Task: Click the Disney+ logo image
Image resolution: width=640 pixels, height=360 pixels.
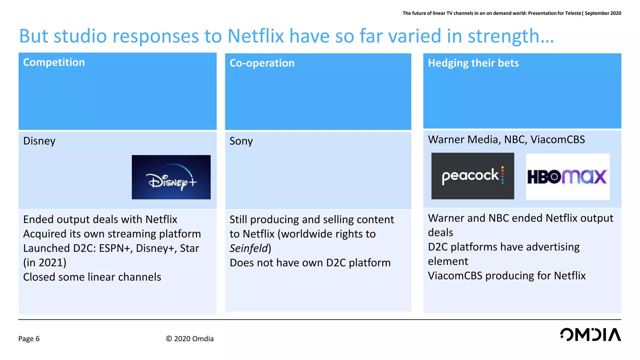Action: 171,177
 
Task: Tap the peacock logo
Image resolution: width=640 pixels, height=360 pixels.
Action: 472,176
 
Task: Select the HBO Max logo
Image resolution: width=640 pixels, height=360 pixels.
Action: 567,177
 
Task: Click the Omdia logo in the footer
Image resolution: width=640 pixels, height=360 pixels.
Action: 590,335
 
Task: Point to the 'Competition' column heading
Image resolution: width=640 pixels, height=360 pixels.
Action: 54,62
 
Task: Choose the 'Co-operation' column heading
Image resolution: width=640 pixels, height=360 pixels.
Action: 262,63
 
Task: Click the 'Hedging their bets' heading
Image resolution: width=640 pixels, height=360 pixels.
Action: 473,63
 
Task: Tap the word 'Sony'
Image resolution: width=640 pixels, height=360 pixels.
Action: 241,141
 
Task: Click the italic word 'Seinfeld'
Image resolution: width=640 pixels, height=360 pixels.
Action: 249,248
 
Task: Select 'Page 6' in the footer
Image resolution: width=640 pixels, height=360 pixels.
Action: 29,339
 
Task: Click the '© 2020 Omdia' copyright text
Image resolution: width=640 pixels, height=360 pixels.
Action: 190,339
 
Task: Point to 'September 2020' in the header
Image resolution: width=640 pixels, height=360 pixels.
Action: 603,13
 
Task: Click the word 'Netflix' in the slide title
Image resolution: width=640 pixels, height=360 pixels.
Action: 255,36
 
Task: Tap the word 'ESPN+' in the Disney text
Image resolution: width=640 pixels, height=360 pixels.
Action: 116,248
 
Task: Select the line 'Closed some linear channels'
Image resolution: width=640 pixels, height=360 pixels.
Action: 92,277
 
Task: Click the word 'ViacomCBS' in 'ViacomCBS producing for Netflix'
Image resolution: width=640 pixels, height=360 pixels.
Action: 455,276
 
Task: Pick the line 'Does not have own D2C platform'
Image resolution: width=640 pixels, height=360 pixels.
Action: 310,263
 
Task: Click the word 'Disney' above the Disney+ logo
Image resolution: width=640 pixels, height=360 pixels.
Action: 39,141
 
